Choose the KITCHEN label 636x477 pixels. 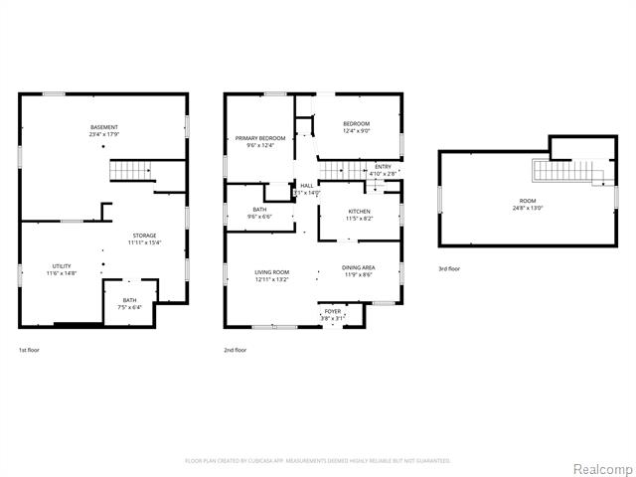point(359,213)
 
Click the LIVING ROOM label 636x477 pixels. point(271,275)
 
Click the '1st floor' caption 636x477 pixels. point(30,350)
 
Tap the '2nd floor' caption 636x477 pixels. point(236,350)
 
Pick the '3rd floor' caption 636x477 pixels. point(449,268)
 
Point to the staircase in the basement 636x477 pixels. point(129,172)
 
